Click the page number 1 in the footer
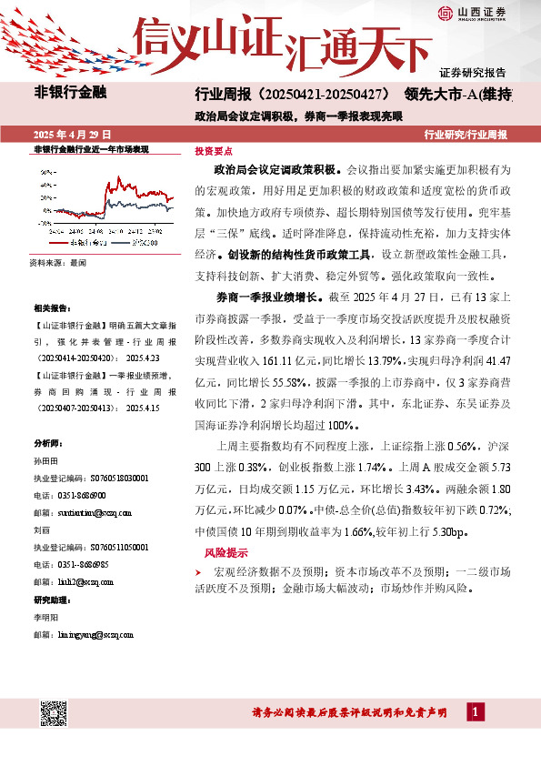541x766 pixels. click(474, 712)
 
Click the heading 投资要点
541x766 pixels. click(213, 153)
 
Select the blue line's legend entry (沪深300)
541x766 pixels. click(138, 244)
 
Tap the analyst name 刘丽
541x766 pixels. click(41, 527)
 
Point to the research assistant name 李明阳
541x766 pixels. click(45, 617)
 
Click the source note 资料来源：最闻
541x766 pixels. click(56, 262)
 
